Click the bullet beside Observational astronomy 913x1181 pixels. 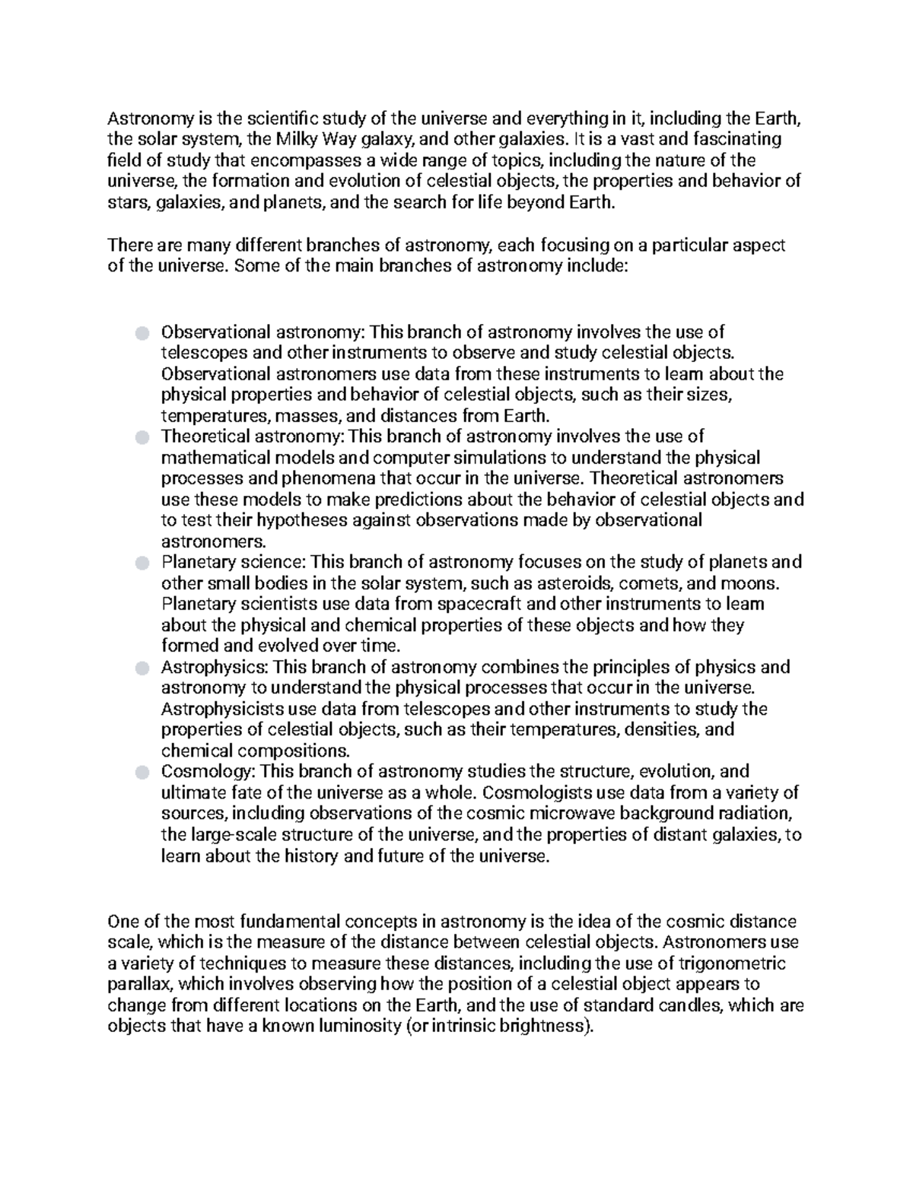[142, 332]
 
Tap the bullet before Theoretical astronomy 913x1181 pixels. [142, 437]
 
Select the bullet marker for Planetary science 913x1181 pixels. [142, 563]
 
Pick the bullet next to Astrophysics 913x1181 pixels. [142, 668]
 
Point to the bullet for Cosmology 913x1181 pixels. [142, 772]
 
